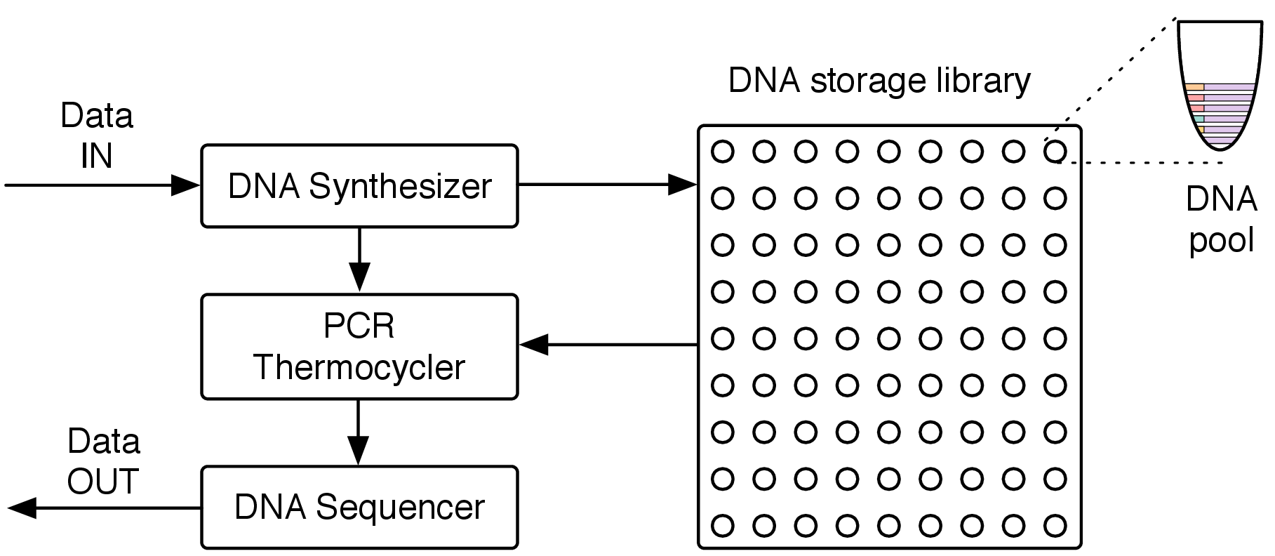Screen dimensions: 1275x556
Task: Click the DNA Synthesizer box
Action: [x=359, y=186]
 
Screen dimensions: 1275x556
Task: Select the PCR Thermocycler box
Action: [x=359, y=347]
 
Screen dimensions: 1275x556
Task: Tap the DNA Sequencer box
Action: [x=359, y=507]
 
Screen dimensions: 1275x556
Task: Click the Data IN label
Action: [x=97, y=135]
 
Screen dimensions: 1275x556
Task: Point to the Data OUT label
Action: [x=103, y=461]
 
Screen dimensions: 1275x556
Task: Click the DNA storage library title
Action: [x=879, y=81]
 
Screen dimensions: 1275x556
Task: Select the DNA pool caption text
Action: [x=1221, y=220]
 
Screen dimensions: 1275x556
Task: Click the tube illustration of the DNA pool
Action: [x=1220, y=85]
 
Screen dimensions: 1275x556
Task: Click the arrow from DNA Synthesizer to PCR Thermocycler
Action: [x=359, y=259]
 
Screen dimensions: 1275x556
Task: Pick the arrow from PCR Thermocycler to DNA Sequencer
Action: [x=359, y=432]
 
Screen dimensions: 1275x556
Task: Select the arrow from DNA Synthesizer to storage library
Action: [x=608, y=185]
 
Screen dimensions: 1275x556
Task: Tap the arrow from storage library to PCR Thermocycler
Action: [x=608, y=345]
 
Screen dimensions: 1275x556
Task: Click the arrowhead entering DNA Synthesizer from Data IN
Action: [x=187, y=185]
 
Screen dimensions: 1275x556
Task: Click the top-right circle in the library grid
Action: [x=1055, y=152]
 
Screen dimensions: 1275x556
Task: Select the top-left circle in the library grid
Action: [x=723, y=152]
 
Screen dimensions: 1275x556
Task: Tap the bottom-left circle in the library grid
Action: [x=723, y=525]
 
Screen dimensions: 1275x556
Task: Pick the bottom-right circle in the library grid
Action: [x=1055, y=525]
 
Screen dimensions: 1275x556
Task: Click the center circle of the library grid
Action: [x=889, y=338]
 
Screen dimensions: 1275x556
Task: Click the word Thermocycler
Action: [x=359, y=367]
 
